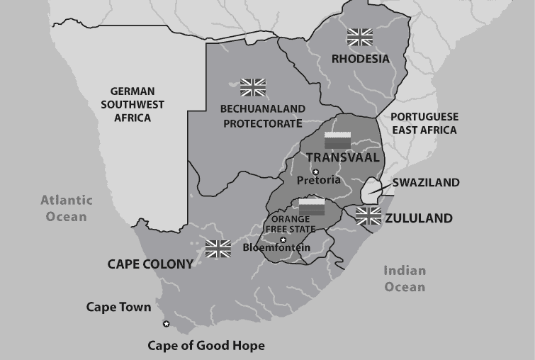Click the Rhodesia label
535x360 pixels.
point(361,59)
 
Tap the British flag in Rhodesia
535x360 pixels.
point(360,37)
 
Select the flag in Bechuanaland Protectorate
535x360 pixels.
point(253,87)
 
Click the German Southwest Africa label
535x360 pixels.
point(137,104)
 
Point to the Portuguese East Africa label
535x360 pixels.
point(424,123)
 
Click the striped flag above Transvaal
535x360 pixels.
point(337,139)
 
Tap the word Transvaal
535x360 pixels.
point(342,157)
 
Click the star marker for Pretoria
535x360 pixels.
point(316,171)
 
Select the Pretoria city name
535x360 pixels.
point(318,180)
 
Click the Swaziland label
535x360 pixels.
point(427,182)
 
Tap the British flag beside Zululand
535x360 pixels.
point(368,215)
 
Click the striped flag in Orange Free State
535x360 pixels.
point(312,207)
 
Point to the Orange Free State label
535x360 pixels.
point(292,225)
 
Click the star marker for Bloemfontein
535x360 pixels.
point(283,240)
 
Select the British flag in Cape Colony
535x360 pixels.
point(218,249)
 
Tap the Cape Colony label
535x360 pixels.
point(150,264)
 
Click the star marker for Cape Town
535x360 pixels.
point(167,324)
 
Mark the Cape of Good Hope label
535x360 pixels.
point(206,346)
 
